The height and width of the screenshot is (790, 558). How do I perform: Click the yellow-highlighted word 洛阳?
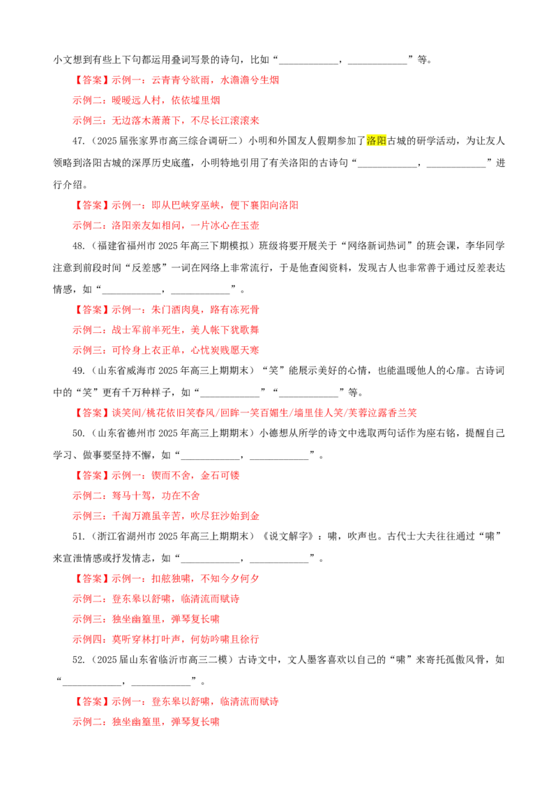[376, 140]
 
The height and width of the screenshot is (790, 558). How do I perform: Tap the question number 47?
[78, 141]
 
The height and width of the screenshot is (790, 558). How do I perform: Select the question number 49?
[78, 371]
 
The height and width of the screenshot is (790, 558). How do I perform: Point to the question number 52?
[78, 660]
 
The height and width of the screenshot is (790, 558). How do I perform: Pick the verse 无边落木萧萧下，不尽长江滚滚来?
[186, 121]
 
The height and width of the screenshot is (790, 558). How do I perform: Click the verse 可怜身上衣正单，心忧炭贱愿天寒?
[186, 350]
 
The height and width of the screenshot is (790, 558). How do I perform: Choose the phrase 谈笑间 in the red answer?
[126, 412]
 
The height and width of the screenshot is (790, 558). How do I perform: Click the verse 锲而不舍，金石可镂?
[195, 475]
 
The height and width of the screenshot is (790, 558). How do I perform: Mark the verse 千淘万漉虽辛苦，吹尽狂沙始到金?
[186, 516]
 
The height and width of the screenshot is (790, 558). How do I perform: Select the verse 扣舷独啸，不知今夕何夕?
[206, 579]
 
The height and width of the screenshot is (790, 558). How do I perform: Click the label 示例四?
[87, 639]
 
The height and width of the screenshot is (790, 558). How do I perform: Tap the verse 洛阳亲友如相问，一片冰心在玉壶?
[186, 225]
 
